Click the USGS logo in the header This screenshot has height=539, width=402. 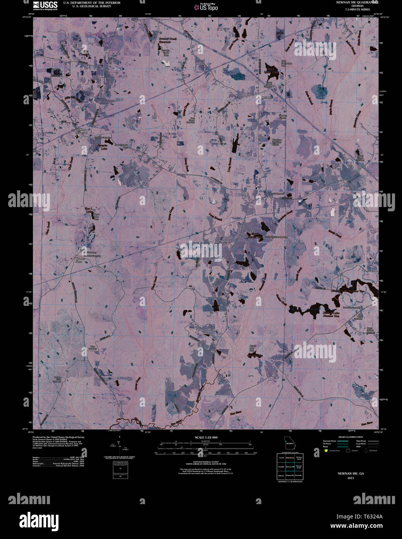coord(45,5)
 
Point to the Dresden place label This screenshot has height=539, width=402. coord(267,98)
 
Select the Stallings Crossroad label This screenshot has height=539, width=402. coord(81,131)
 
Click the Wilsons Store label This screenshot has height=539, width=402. coord(79,260)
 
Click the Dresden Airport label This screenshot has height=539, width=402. coord(283,117)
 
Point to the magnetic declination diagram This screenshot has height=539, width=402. coord(119,447)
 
